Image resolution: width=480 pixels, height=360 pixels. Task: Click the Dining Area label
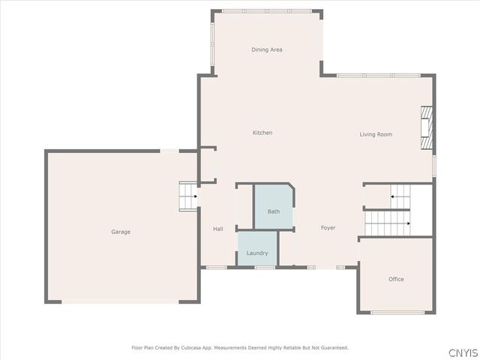pyautogui.click(x=267, y=49)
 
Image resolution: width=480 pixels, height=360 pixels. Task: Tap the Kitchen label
pyautogui.click(x=262, y=133)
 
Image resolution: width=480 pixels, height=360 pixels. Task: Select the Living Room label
pyautogui.click(x=376, y=134)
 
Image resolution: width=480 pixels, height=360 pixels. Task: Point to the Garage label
pyautogui.click(x=121, y=232)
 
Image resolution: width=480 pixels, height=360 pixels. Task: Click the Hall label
pyautogui.click(x=218, y=229)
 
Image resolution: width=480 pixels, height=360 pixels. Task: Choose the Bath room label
pyautogui.click(x=274, y=211)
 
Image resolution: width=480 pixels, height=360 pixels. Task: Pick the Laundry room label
pyautogui.click(x=257, y=253)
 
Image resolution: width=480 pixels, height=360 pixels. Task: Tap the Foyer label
pyautogui.click(x=328, y=227)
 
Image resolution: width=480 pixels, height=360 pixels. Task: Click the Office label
pyautogui.click(x=396, y=279)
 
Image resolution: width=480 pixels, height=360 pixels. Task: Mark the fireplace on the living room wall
pyautogui.click(x=427, y=127)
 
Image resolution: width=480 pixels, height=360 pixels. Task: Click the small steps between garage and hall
pyautogui.click(x=187, y=197)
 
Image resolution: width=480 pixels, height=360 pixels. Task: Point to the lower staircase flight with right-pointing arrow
pyautogui.click(x=388, y=223)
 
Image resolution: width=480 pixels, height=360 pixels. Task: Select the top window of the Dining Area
pyautogui.click(x=267, y=11)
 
